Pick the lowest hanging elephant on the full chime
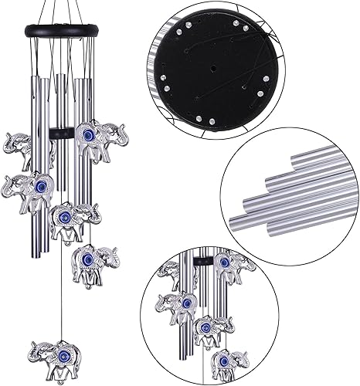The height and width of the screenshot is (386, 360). (55, 354)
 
